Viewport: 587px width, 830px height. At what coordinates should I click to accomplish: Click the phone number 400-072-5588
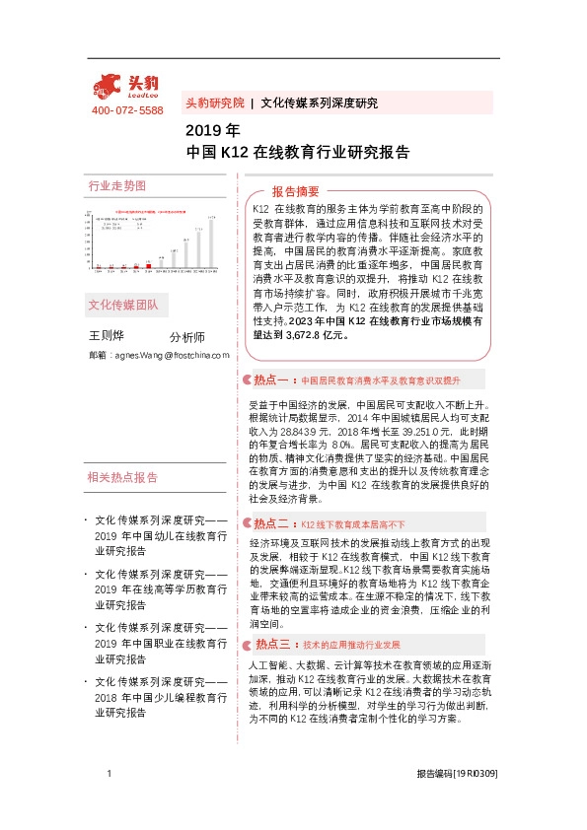[x=126, y=110]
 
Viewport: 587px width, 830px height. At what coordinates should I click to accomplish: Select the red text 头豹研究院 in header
[x=214, y=103]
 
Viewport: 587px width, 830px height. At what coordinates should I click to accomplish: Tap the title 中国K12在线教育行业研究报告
[x=298, y=153]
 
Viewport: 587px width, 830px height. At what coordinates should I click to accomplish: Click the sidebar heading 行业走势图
[x=116, y=185]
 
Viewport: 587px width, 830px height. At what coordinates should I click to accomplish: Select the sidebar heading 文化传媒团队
[x=122, y=305]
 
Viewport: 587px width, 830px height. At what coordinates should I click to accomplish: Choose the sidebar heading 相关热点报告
[x=122, y=477]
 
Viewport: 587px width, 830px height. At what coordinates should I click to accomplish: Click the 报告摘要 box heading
[x=295, y=191]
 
